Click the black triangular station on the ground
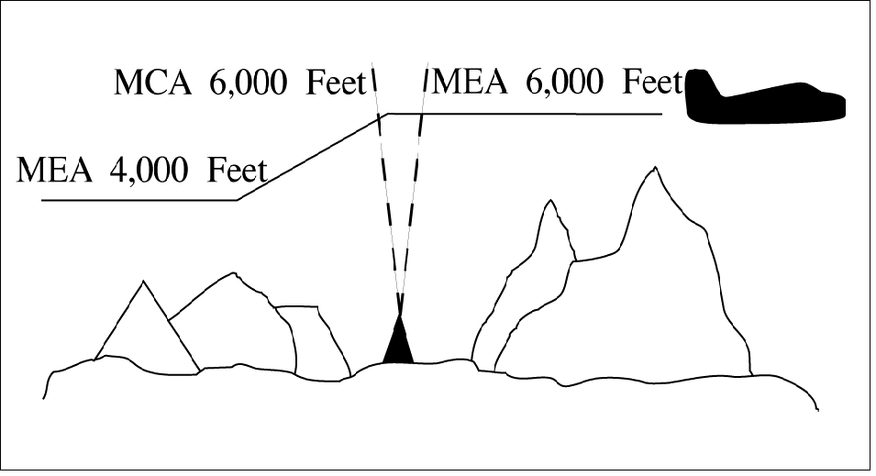398,341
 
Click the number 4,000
150,170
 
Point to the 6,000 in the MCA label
248,83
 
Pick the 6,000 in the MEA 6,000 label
564,82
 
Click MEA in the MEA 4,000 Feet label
54,170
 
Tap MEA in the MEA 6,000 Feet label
470,82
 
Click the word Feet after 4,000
237,170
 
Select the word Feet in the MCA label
335,83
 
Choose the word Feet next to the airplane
652,82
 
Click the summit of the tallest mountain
655,167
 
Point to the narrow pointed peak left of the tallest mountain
551,201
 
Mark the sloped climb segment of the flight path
313,157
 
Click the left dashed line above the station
386,190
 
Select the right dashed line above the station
414,190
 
